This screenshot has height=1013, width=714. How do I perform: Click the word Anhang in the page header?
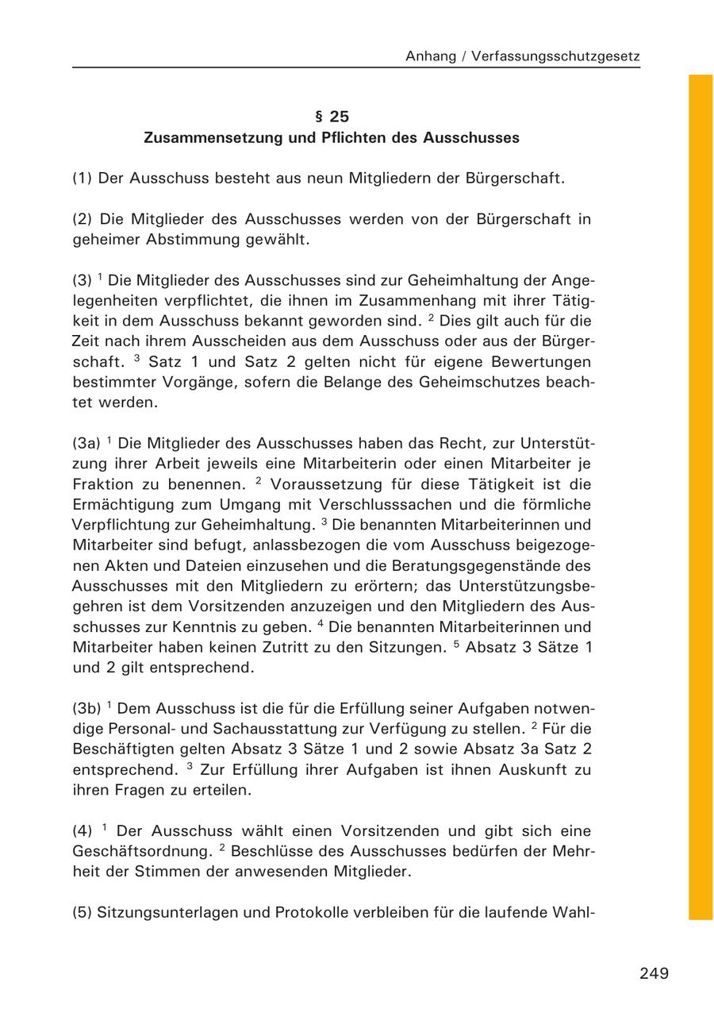coord(429,56)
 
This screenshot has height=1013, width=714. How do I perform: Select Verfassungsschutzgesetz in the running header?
coord(555,56)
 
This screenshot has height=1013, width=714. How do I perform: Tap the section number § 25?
coord(332,117)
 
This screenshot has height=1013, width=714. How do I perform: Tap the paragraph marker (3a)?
coord(86,443)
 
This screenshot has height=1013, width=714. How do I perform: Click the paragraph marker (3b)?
coord(86,708)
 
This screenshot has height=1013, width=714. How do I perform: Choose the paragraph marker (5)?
coord(82,912)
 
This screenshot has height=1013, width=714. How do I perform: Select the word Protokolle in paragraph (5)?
coord(310,912)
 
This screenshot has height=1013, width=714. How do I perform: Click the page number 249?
coord(654,973)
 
